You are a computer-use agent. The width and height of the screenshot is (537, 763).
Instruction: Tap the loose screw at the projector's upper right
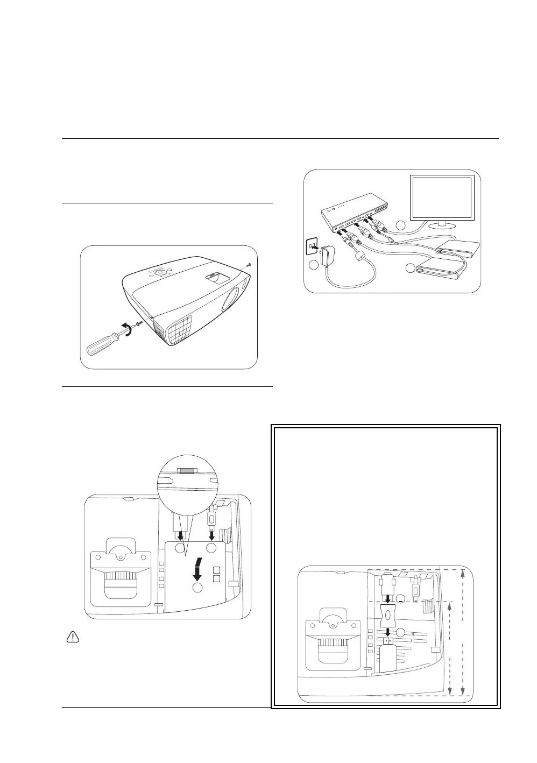249,265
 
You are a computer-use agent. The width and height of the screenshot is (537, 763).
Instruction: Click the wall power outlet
310,248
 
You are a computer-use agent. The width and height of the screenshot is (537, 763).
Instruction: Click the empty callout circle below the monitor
400,224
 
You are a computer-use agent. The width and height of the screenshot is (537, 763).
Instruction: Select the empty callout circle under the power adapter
314,265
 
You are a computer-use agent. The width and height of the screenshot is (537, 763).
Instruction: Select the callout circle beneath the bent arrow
197,588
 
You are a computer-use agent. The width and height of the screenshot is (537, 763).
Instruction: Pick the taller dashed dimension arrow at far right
463,632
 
